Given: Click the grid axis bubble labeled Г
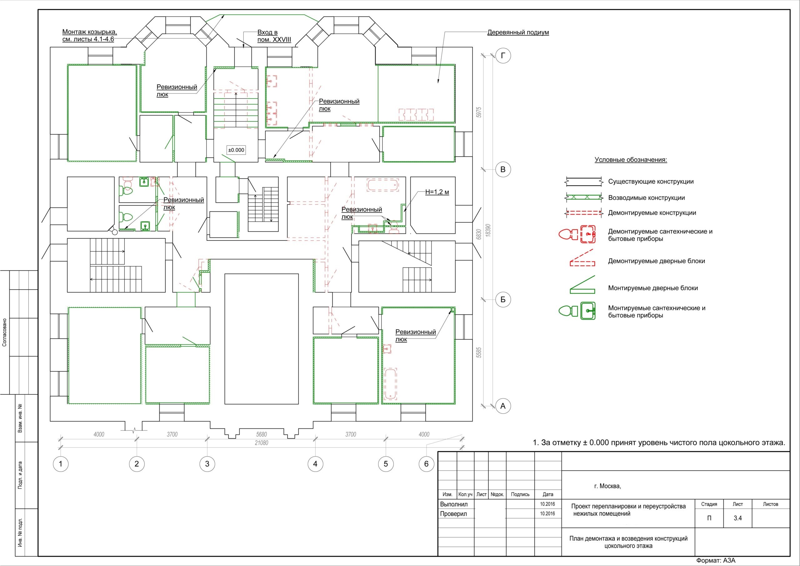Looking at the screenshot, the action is (x=503, y=56).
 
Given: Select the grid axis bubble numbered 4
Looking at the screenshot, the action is (x=315, y=464).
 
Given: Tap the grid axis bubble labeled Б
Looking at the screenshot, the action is (x=503, y=300).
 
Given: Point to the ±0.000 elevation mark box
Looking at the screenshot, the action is (x=236, y=150).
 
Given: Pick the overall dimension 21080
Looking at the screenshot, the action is (x=261, y=443).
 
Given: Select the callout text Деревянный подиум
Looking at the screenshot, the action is (x=518, y=33).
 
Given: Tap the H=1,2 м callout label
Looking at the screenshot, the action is (x=437, y=192).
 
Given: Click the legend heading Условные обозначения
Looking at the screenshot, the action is (x=631, y=160).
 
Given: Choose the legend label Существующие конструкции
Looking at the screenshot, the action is (x=651, y=182).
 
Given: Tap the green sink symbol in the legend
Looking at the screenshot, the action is (x=588, y=311).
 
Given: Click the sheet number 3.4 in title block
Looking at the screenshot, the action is (x=737, y=518).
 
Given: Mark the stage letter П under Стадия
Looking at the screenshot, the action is (x=709, y=518).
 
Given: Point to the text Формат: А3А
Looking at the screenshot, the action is (x=716, y=561).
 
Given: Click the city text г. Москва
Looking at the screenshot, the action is (x=608, y=486).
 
